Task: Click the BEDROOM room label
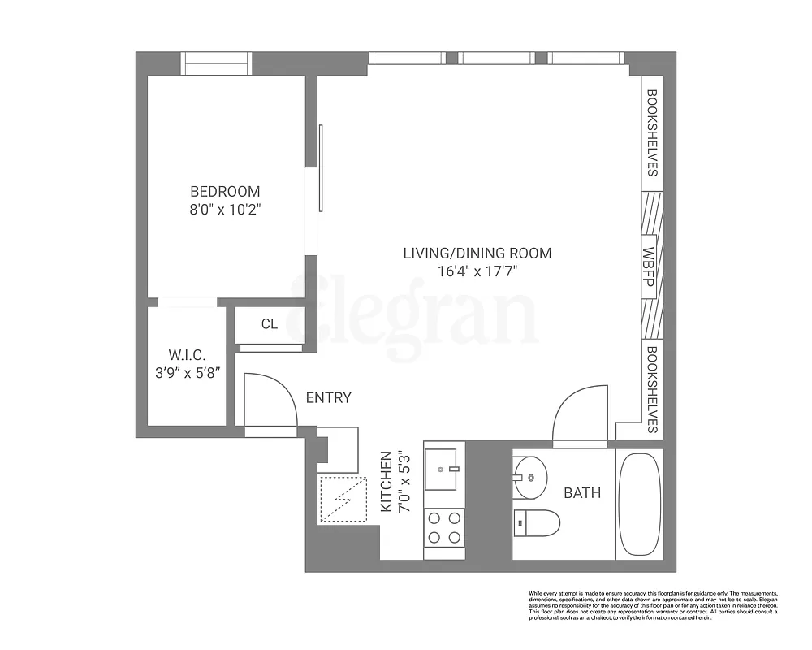pyautogui.click(x=225, y=192)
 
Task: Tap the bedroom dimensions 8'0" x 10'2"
pyautogui.click(x=225, y=210)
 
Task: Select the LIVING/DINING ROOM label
pyautogui.click(x=477, y=253)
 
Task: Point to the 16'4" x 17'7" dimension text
pyautogui.click(x=477, y=271)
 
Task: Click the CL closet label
pyautogui.click(x=270, y=324)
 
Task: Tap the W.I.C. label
pyautogui.click(x=187, y=355)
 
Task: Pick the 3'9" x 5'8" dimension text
pyautogui.click(x=187, y=373)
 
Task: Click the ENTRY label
pyautogui.click(x=328, y=397)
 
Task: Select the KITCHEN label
pyautogui.click(x=387, y=481)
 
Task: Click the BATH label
pyautogui.click(x=582, y=492)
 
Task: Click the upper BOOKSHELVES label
pyautogui.click(x=652, y=132)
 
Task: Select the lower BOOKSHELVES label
pyautogui.click(x=652, y=388)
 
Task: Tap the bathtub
pyautogui.click(x=639, y=504)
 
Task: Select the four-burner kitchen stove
pyautogui.click(x=443, y=526)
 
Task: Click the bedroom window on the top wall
pyautogui.click(x=216, y=63)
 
